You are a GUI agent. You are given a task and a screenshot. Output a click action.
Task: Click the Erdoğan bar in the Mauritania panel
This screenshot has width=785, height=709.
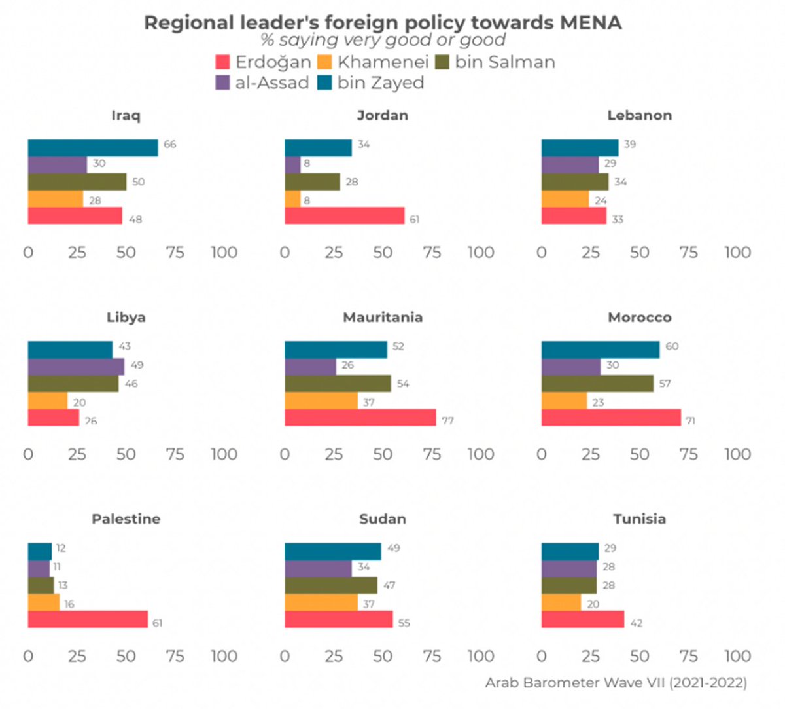pyautogui.click(x=360, y=418)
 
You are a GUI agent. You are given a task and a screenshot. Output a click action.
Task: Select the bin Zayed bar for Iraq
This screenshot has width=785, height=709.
pyautogui.click(x=92, y=148)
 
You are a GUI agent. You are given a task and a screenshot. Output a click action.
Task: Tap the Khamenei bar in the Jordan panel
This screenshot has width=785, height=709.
pyautogui.click(x=292, y=199)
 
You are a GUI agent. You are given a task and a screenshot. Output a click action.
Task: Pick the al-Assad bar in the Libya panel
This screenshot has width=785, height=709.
pyautogui.click(x=75, y=367)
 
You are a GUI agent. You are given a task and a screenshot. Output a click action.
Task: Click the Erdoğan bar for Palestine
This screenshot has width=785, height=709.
pyautogui.click(x=88, y=619)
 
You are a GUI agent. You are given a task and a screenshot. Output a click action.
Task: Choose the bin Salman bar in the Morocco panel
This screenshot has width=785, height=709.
pyautogui.click(x=597, y=384)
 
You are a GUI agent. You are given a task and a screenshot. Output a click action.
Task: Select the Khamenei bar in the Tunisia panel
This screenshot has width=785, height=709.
pyautogui.click(x=561, y=602)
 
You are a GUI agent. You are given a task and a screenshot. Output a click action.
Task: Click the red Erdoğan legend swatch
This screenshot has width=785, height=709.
pyautogui.click(x=222, y=62)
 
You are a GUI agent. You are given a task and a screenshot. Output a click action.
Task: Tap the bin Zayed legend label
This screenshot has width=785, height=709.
pyautogui.click(x=381, y=83)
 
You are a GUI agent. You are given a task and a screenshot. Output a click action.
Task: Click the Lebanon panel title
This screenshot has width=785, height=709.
pyautogui.click(x=639, y=116)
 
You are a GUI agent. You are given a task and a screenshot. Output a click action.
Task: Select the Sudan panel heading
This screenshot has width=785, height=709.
pyautogui.click(x=383, y=519)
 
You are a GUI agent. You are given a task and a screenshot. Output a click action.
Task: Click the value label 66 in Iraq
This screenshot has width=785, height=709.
pyautogui.click(x=170, y=145)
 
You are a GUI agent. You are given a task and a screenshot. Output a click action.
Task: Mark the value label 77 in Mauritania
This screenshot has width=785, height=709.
pyautogui.click(x=447, y=421)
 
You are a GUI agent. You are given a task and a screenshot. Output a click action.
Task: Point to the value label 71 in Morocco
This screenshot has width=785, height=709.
pyautogui.click(x=690, y=421)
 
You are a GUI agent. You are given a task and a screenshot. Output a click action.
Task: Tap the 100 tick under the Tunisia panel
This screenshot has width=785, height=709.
pyautogui.click(x=737, y=657)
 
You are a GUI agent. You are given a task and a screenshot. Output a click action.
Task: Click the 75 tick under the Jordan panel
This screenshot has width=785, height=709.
pyautogui.click(x=432, y=253)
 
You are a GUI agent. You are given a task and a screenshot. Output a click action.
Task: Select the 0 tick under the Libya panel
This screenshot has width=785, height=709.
pyautogui.click(x=28, y=454)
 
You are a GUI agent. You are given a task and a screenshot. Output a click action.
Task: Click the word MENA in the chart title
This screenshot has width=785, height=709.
pyautogui.click(x=590, y=23)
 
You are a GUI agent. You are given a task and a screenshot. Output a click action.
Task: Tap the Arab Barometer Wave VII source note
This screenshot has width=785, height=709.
pyautogui.click(x=616, y=683)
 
